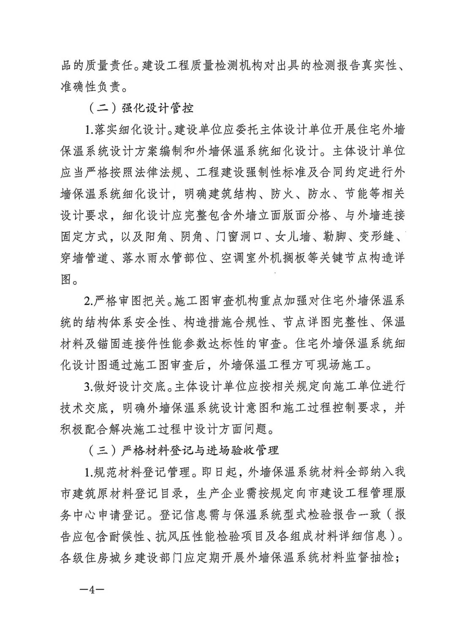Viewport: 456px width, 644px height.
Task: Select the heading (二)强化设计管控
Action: pyautogui.click(x=141, y=108)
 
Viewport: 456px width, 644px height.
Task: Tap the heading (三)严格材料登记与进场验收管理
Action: pyautogui.click(x=184, y=450)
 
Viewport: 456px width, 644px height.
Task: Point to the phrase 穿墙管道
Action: pyautogui.click(x=85, y=258)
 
